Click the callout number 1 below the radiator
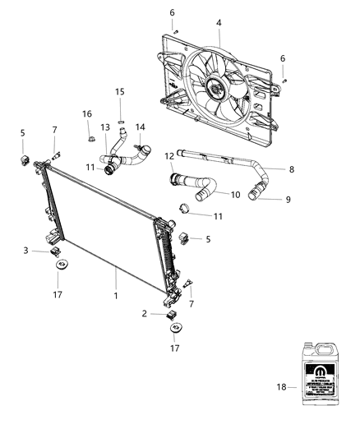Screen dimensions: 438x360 point(116,296)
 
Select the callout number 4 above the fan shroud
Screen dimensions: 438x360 point(218,23)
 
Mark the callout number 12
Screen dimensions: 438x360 point(169,156)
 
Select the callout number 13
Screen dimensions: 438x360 point(104,127)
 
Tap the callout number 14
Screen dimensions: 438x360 point(140,127)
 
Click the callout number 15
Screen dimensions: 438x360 point(120,91)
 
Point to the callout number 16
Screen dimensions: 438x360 point(87,113)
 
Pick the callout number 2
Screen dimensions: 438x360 point(145,314)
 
